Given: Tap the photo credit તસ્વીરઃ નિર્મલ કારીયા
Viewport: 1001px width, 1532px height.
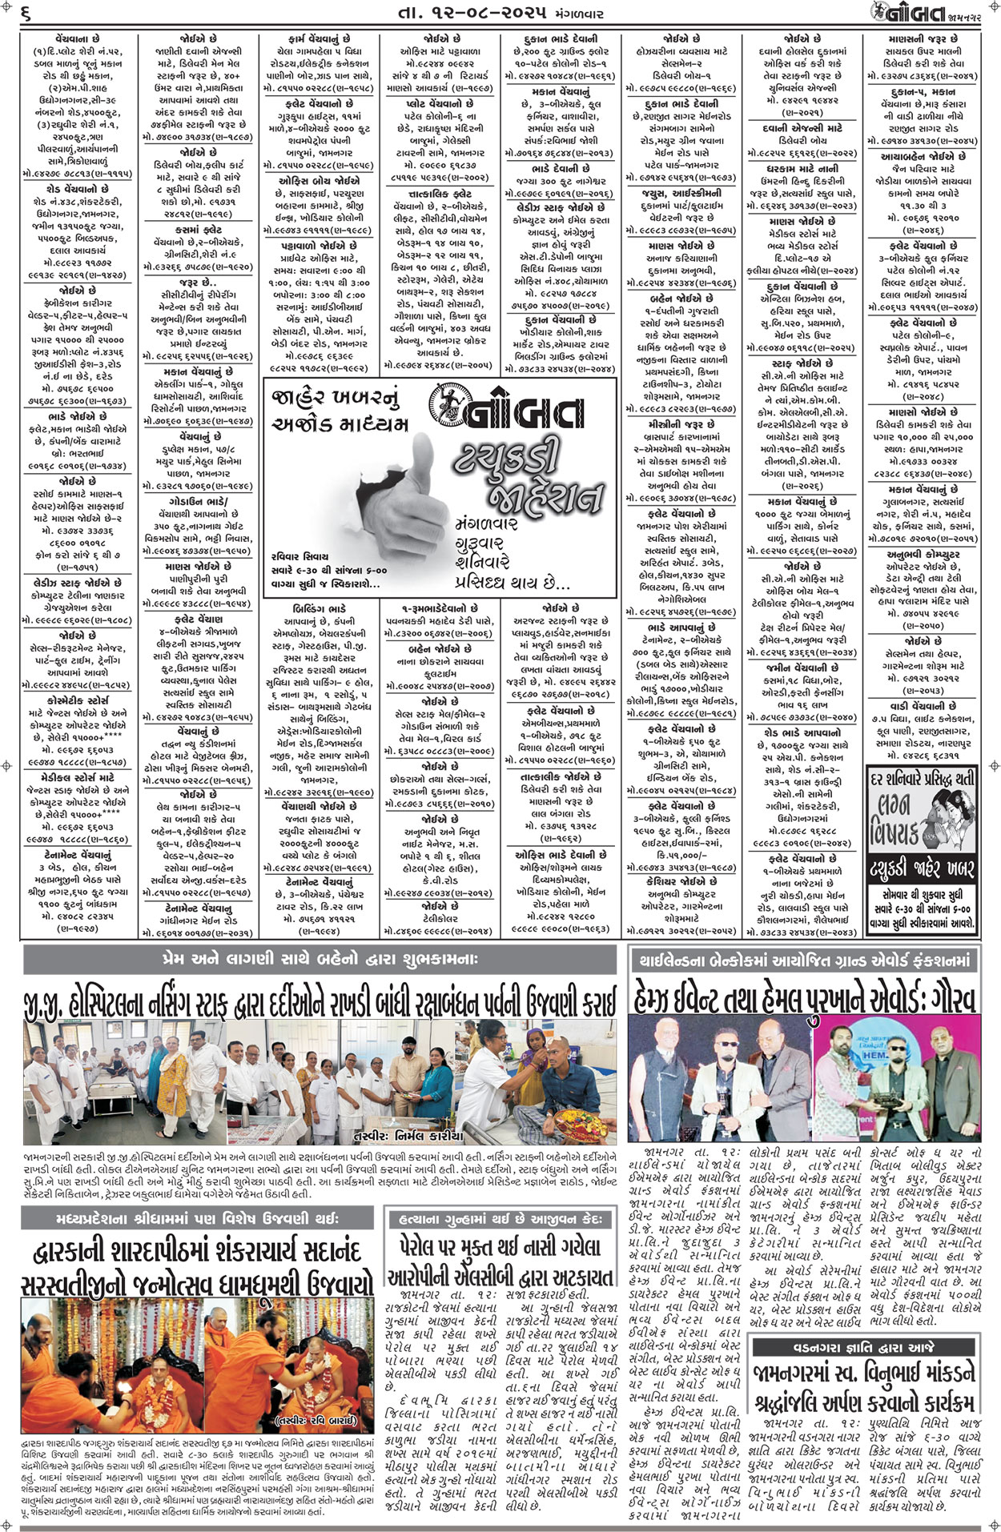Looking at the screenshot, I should pos(408,1134).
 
